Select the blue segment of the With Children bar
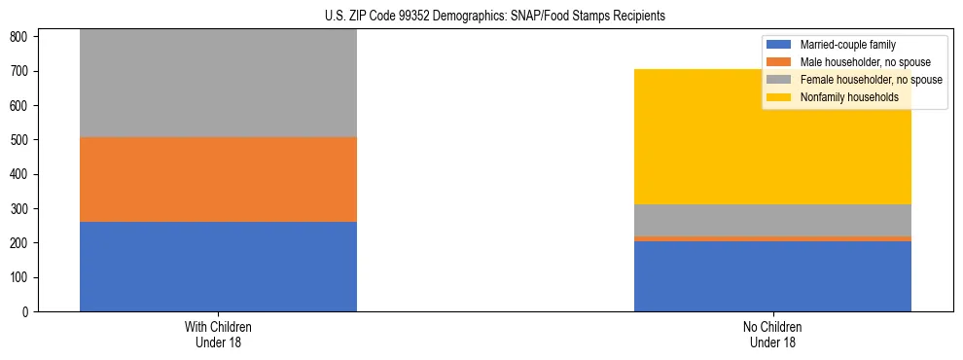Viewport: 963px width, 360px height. click(218, 267)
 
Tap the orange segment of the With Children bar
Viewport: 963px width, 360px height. click(218, 179)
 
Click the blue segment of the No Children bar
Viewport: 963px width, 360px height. click(772, 276)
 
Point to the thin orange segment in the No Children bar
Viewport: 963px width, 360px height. click(772, 238)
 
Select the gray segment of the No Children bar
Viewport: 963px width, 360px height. click(772, 220)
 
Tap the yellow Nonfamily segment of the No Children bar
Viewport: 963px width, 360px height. click(772, 136)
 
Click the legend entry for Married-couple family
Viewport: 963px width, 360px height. click(847, 45)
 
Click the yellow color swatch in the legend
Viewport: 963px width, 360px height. click(779, 97)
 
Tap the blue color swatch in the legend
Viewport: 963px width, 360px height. click(779, 45)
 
